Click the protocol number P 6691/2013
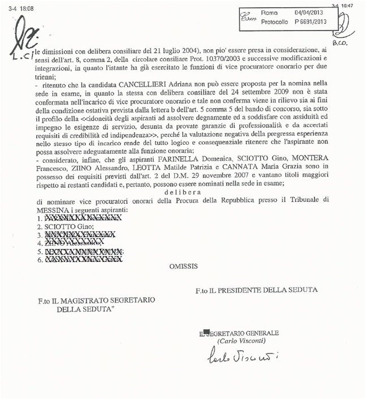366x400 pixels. [311, 22]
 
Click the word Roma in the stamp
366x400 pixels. [269, 12]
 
